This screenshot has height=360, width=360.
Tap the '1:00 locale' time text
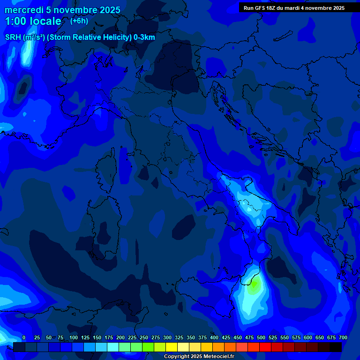pyautogui.click(x=33, y=21)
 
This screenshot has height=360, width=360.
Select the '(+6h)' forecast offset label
pyautogui.click(x=79, y=21)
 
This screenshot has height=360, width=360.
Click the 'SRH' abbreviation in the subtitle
pyautogui.click(x=13, y=37)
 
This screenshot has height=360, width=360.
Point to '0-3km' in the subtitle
pyautogui.click(x=144, y=37)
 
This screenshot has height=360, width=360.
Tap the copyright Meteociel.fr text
pyautogui.click(x=199, y=356)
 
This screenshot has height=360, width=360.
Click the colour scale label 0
pyautogui.click(x=24, y=337)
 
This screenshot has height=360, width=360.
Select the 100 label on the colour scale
pyautogui.click(x=74, y=337)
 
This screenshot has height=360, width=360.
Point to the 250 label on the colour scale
pyautogui.click(x=144, y=337)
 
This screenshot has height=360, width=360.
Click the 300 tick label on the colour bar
pyautogui.click(x=167, y=337)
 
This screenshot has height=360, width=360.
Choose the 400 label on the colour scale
pyautogui.click(x=214, y=337)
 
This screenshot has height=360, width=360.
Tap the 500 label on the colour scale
pyautogui.click(x=261, y=337)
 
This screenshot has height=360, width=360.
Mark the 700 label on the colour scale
pyautogui.click(x=343, y=337)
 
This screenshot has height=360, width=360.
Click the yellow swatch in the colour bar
pyautogui.click(x=172, y=347)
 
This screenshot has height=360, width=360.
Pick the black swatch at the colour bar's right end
pyautogui.click(x=336, y=347)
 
